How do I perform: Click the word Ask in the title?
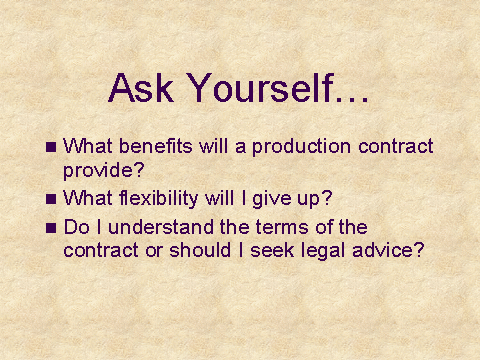(x=141, y=88)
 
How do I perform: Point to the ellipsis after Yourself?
(x=352, y=99)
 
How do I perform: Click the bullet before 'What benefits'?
(x=51, y=147)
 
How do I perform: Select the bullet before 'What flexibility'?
(x=51, y=199)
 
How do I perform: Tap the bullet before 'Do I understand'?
(x=51, y=228)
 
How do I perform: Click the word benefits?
(x=156, y=146)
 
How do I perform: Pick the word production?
(x=301, y=147)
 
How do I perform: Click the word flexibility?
(x=159, y=199)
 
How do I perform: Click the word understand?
(x=161, y=227)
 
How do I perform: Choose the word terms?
(x=283, y=227)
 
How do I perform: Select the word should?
(x=200, y=250)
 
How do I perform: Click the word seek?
(x=272, y=250)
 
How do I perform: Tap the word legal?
(x=323, y=251)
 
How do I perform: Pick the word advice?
(x=383, y=250)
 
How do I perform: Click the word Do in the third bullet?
(x=77, y=227)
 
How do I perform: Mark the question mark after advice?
(x=419, y=250)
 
